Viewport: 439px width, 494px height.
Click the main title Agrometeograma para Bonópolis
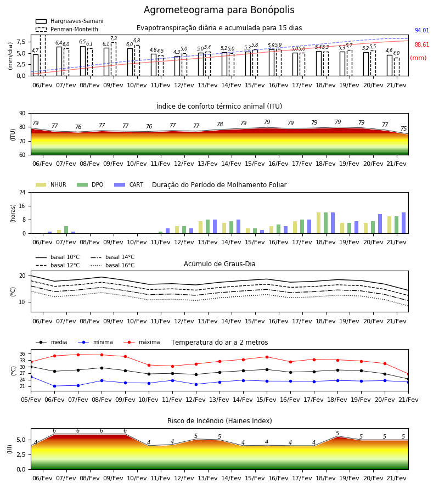(219, 10)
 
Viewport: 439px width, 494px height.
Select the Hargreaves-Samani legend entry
(70, 21)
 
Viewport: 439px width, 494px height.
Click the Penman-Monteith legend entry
(67, 29)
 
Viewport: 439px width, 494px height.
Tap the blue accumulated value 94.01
(422, 30)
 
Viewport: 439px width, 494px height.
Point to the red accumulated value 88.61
(422, 44)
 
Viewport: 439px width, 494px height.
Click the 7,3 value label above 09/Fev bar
(114, 38)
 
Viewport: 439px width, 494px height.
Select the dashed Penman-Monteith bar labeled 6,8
(137, 60)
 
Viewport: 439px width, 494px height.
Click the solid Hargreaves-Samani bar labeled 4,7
(36, 65)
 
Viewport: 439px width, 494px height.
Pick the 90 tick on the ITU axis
(22, 114)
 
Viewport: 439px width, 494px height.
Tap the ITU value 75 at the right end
(404, 128)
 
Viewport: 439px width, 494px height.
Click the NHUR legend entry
(51, 184)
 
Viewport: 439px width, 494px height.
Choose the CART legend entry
(129, 184)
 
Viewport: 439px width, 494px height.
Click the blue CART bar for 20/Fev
(380, 224)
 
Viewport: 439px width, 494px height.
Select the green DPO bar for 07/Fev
(66, 229)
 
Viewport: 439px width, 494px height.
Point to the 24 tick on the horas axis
(22, 192)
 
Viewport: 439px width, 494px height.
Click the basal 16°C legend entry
(112, 265)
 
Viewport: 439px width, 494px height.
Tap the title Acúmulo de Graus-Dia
(219, 263)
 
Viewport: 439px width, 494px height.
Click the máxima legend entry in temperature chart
(142, 342)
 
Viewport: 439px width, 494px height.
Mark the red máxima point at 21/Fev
(408, 374)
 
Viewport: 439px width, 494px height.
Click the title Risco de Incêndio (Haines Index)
(219, 420)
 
